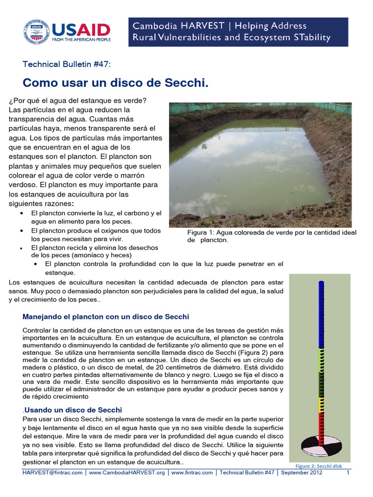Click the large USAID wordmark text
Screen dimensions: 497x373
coord(81,30)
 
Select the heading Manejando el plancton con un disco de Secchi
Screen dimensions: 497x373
coord(105,316)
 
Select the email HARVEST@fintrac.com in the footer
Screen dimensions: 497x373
coord(52,473)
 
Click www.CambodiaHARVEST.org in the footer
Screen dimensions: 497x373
coord(128,473)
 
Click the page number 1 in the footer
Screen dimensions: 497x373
coord(348,473)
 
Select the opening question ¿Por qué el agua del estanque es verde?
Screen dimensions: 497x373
coord(77,100)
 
